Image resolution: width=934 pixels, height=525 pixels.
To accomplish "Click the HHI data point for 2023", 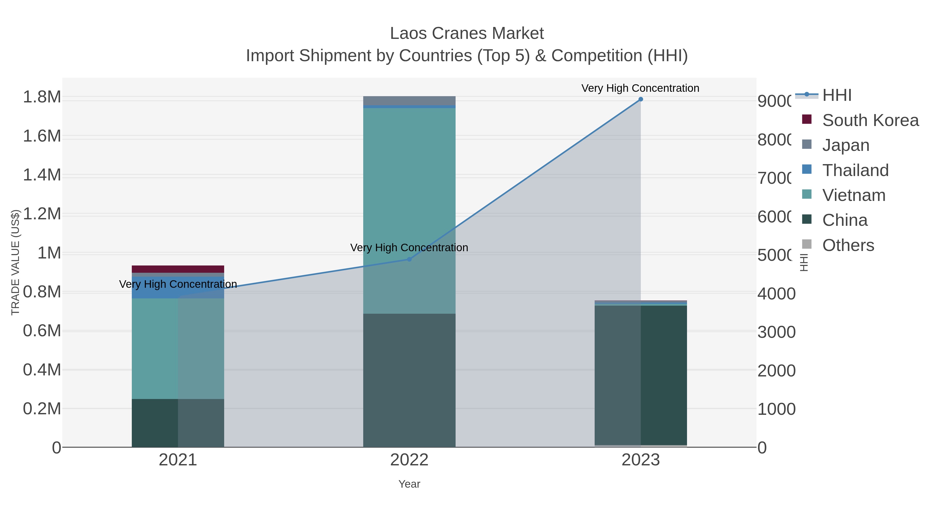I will [x=640, y=99].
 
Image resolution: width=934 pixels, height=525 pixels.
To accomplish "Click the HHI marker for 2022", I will [x=409, y=260].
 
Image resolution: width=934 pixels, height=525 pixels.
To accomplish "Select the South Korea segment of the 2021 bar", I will [x=178, y=269].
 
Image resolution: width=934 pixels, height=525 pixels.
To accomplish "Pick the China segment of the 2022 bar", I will [x=409, y=380].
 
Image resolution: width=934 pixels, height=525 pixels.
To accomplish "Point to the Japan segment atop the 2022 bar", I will [x=409, y=100].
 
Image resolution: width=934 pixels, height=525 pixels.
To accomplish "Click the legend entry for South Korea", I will [x=870, y=120].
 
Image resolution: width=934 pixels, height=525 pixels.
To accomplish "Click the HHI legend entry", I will [x=837, y=95].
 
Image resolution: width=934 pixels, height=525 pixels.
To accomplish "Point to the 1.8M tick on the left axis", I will [x=42, y=97].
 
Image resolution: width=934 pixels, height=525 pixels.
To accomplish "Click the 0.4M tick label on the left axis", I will [x=42, y=370].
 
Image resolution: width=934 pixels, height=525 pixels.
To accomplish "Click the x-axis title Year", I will [x=409, y=484].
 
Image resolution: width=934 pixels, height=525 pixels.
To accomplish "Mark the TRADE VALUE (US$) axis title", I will [x=15, y=262].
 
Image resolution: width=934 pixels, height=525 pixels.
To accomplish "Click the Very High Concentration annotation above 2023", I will [x=640, y=88].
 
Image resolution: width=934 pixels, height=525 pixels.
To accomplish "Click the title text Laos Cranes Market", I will [x=467, y=33].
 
